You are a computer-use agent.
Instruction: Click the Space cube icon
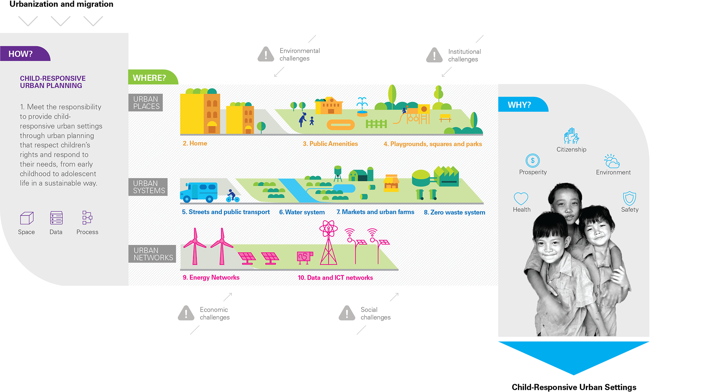point(27,218)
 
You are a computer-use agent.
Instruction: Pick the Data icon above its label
point(56,217)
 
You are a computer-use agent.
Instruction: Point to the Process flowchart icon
point(87,217)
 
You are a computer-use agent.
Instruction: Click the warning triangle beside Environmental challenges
point(266,55)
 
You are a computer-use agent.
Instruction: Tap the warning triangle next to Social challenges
point(347,314)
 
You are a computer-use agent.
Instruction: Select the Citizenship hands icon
point(571,136)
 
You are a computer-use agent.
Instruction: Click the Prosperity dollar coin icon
point(533,161)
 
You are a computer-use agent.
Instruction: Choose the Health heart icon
point(521,198)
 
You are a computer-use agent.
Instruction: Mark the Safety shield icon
point(629,198)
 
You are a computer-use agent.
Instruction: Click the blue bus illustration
point(199,192)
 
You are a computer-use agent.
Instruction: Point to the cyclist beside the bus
point(232,196)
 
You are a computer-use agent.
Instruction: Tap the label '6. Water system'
point(302,212)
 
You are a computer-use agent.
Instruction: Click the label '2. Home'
point(195,143)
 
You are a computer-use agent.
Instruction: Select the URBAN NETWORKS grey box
point(152,254)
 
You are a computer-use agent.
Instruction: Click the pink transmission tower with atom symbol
point(328,243)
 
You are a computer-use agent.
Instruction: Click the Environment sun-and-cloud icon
point(612,161)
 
